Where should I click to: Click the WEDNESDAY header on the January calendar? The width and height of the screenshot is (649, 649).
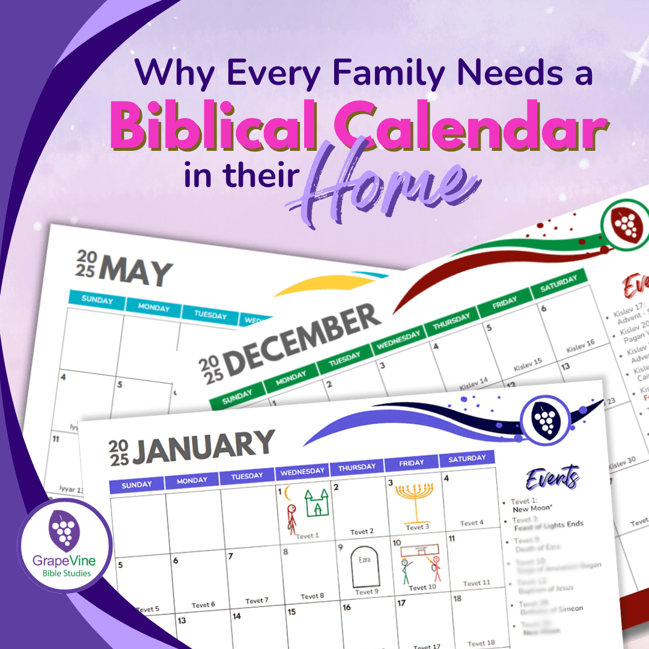click(302, 471)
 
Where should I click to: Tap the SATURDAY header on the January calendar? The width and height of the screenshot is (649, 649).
click(467, 459)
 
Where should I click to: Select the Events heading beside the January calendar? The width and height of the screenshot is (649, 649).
click(552, 478)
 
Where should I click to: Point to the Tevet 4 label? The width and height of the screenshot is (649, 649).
click(472, 523)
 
